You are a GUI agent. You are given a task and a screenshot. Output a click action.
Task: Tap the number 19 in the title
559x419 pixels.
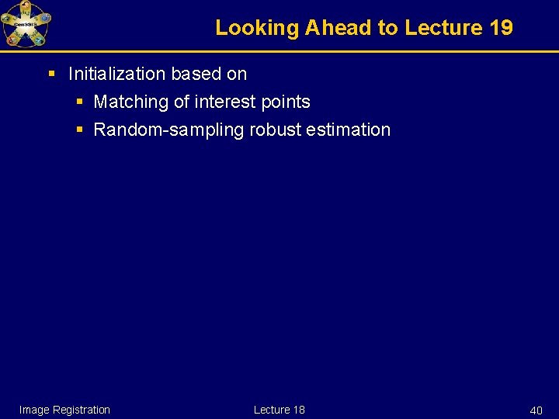click(x=502, y=28)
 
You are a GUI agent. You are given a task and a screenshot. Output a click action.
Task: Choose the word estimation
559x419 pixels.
click(x=349, y=130)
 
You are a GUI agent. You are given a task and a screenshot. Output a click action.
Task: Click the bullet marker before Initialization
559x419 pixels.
click(x=52, y=74)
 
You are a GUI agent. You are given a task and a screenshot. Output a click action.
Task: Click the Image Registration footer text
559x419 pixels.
click(x=64, y=410)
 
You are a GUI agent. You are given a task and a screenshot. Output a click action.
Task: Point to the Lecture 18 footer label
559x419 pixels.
click(x=279, y=410)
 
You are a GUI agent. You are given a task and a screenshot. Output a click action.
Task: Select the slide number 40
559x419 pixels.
click(x=536, y=410)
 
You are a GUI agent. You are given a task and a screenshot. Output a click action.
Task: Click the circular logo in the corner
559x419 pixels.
click(x=26, y=23)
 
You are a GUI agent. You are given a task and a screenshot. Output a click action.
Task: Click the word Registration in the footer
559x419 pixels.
click(x=82, y=410)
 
